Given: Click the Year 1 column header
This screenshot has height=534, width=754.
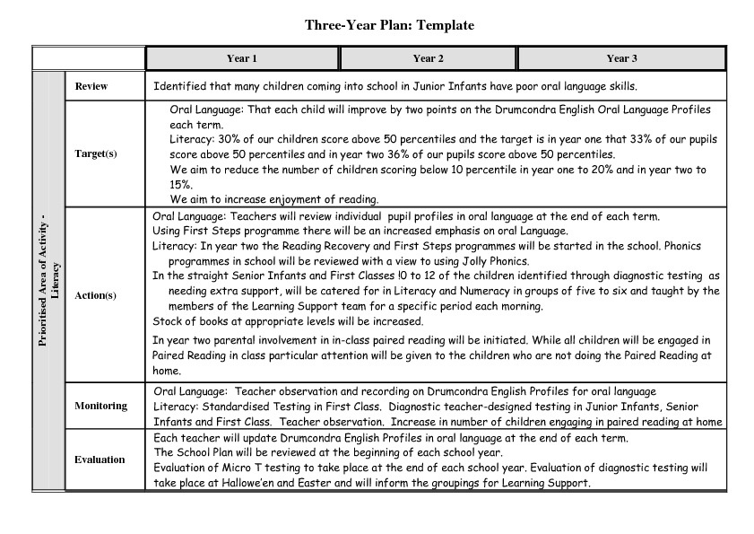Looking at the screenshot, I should point(242,58).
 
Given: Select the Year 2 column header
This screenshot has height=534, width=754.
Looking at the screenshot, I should point(429,58).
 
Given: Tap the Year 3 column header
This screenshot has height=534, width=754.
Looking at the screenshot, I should point(621,58).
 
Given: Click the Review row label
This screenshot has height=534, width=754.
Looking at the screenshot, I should point(91,86).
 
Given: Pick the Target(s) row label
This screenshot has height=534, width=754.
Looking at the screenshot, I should point(96,153).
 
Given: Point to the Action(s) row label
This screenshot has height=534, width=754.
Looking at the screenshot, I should point(96,294).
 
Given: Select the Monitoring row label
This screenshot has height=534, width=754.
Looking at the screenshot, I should point(100,406).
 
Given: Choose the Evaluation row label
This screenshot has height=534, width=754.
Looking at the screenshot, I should point(100,460).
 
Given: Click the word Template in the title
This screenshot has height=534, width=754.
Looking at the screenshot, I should point(443,25).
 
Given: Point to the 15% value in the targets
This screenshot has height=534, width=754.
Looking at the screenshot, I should point(180,183).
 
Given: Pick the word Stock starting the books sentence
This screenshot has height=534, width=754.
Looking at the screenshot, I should point(167,320).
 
